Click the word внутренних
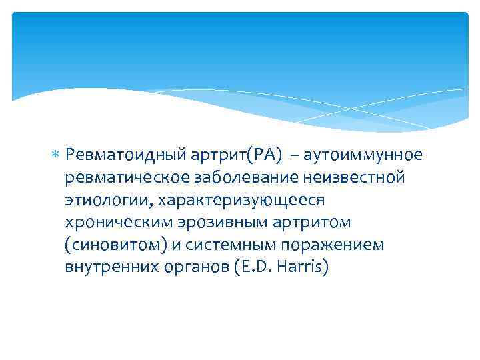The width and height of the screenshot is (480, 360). click(109, 268)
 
